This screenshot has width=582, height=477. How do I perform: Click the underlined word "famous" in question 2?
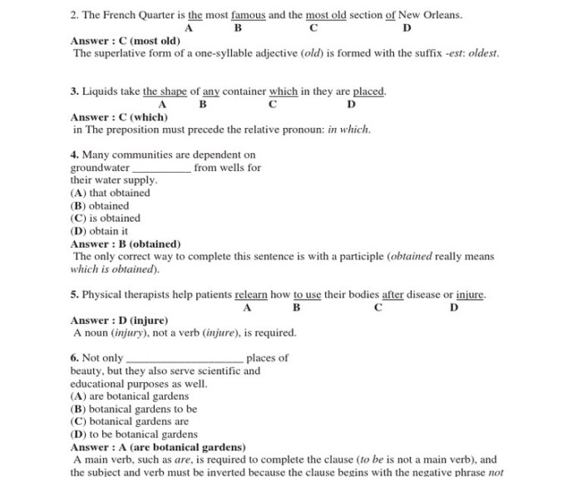248,15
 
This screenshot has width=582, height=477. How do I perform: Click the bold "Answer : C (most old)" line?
126,41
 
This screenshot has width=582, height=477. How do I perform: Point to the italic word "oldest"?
484,53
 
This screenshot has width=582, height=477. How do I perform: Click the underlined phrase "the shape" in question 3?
165,91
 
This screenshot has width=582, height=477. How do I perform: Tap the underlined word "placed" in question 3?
369,91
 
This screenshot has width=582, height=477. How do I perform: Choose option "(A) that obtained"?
111,193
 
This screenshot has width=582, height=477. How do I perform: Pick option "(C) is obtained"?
106,219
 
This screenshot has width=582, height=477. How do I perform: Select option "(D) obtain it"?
100,231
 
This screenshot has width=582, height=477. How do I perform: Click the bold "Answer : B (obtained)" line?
126,244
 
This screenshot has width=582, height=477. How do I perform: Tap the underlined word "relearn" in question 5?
251,294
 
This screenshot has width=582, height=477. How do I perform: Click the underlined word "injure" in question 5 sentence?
470,294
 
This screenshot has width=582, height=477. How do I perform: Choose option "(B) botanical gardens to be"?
134,409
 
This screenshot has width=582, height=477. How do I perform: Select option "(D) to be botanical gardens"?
134,434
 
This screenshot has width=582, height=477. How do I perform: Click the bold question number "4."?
75,155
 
